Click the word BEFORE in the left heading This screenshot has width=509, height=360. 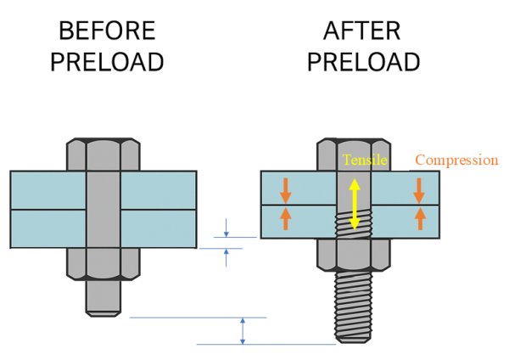pyautogui.click(x=107, y=31)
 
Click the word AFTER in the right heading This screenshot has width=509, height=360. pyautogui.click(x=363, y=31)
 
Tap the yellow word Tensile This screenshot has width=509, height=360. pyautogui.click(x=365, y=160)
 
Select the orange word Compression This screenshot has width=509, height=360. pyautogui.click(x=456, y=160)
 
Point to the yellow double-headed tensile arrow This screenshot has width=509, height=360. pyautogui.click(x=355, y=204)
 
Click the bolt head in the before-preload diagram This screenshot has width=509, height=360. pyautogui.click(x=103, y=154)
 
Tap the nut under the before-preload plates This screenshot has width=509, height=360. pyautogui.click(x=103, y=263)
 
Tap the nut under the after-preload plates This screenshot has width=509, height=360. pyautogui.click(x=354, y=253)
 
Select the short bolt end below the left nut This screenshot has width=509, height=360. pyautogui.click(x=103, y=297)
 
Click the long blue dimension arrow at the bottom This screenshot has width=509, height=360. pyautogui.click(x=243, y=330)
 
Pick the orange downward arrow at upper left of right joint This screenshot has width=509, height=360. pyautogui.click(x=285, y=189)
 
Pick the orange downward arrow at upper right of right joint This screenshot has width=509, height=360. pyautogui.click(x=418, y=189)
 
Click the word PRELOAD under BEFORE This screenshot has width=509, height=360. pyautogui.click(x=107, y=62)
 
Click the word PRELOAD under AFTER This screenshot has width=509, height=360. pyautogui.click(x=363, y=62)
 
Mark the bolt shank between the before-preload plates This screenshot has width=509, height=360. pyautogui.click(x=103, y=209)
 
